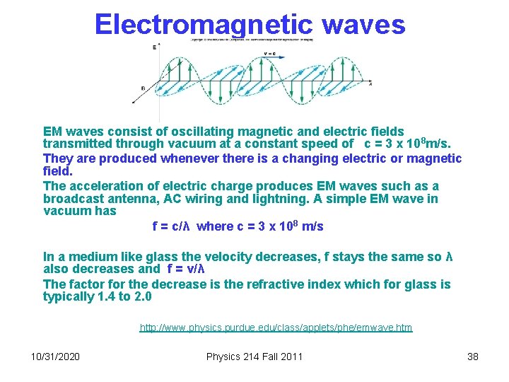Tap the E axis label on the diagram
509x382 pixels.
tap(155, 47)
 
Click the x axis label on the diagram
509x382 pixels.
tap(370, 83)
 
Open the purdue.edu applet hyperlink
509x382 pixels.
tap(276, 328)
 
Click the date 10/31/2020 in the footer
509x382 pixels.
tap(56, 356)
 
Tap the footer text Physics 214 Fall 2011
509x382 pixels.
tap(254, 356)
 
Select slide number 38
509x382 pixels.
tap(473, 356)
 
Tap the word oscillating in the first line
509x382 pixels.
tap(190, 132)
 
